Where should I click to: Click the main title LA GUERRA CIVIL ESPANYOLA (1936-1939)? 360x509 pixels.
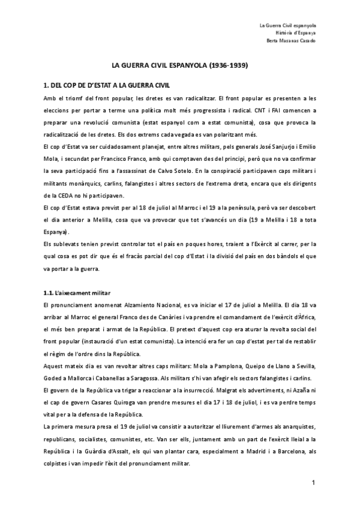(x=180, y=64)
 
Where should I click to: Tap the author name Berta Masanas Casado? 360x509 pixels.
(x=290, y=40)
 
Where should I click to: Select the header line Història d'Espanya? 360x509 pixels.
(x=300, y=32)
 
